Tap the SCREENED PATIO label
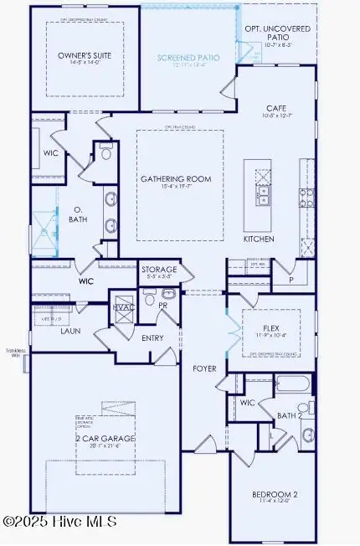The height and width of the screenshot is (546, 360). [188, 58]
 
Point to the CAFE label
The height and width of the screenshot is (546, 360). [277, 108]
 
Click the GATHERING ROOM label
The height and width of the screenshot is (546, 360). [176, 179]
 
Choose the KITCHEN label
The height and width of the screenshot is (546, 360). [260, 239]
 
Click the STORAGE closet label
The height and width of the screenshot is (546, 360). [159, 270]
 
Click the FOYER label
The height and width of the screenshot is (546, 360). [205, 368]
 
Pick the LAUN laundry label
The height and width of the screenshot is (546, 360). [70, 331]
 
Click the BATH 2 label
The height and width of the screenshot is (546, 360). [289, 415]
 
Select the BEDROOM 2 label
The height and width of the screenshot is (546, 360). [272, 495]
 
